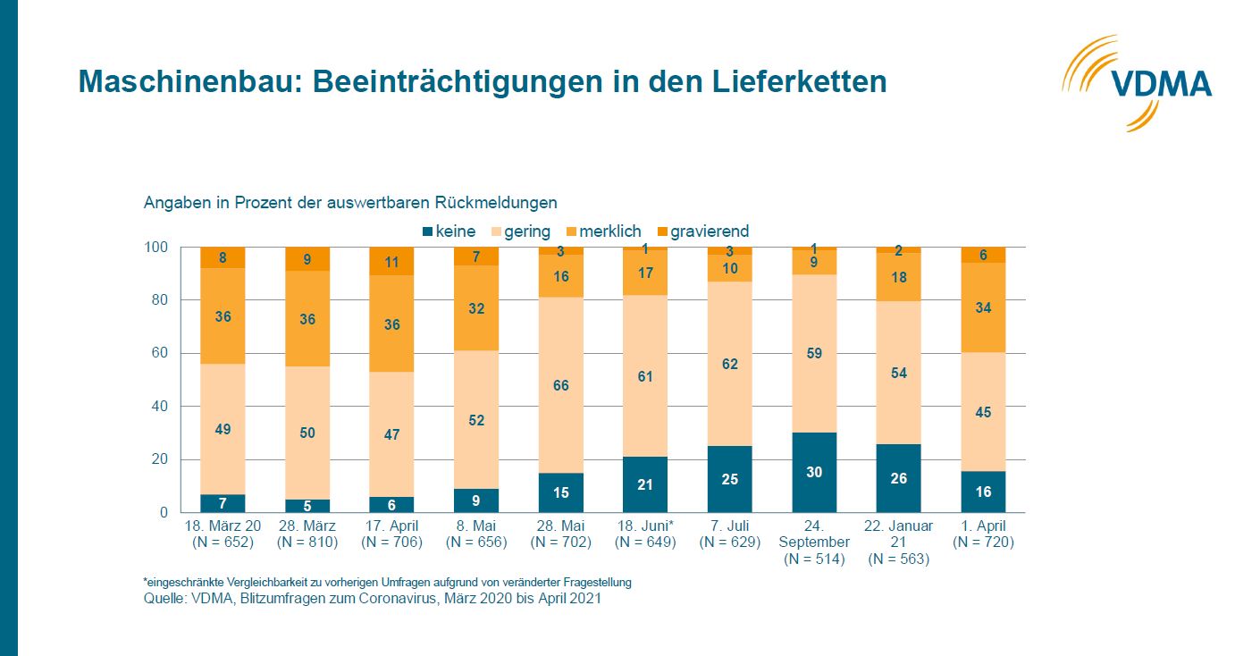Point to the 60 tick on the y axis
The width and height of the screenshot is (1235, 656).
tap(158, 353)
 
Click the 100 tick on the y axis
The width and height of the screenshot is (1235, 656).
tap(155, 248)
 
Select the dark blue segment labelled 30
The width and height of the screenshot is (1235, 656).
tap(814, 473)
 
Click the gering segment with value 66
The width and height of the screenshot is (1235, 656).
tap(561, 385)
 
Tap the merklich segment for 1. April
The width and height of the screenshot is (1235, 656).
tap(983, 307)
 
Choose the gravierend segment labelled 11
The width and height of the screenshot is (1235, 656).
tap(391, 262)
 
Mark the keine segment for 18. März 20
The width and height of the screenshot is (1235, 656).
tap(223, 503)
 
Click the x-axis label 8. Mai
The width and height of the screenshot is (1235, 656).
tap(476, 526)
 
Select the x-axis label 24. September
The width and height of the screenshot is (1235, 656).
tap(814, 534)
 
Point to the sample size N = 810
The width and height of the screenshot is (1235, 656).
tap(307, 542)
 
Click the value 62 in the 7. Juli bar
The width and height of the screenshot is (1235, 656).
tap(730, 364)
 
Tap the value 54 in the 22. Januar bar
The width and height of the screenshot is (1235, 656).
tap(899, 373)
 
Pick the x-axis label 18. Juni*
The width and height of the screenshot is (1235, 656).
tap(645, 526)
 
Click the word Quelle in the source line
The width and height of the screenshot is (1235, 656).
tap(163, 599)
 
